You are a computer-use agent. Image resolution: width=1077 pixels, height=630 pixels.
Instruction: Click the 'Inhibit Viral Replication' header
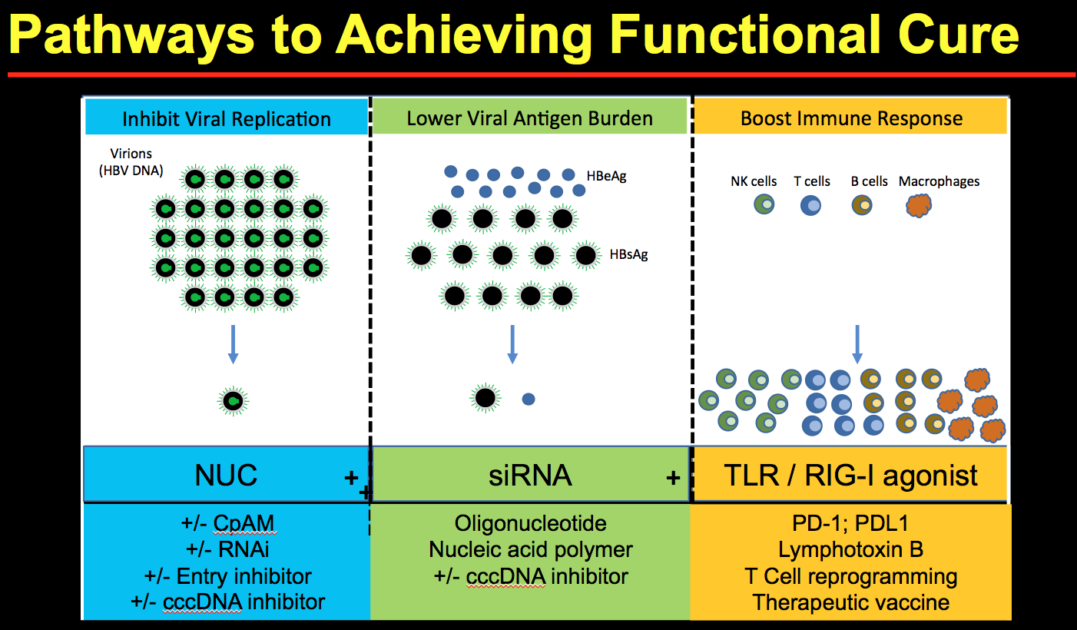pos(227,119)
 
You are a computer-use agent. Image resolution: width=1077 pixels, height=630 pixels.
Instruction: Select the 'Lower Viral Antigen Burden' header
pos(530,118)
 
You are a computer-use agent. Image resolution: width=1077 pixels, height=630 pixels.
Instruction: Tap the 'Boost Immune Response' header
pos(851,118)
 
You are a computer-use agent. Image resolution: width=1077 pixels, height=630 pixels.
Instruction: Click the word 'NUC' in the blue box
pos(226,475)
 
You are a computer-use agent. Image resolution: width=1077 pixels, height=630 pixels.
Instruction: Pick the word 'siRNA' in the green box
pos(531,475)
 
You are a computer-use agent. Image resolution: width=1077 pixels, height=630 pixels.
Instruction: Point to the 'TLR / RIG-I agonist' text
pos(851,476)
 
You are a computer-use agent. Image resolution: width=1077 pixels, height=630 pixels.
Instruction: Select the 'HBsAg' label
pos(628,254)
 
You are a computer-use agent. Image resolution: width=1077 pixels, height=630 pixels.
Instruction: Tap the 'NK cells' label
pos(754,181)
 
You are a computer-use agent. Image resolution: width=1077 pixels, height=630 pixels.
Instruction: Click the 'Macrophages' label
pos(939,181)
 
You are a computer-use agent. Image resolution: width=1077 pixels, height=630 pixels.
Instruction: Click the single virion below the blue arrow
pos(233,400)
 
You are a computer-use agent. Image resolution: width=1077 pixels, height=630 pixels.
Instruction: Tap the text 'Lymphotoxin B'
pos(851,550)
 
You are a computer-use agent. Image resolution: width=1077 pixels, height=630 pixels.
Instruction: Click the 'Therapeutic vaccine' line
pos(851,602)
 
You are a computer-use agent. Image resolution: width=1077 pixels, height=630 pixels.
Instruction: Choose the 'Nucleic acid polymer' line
pos(531,550)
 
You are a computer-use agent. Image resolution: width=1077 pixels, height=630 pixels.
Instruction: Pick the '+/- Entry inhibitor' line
pos(227,575)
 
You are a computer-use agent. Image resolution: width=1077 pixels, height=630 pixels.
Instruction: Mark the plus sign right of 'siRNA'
pos(673,477)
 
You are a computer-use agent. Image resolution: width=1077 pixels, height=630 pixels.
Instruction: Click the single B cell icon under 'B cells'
pos(862,205)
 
